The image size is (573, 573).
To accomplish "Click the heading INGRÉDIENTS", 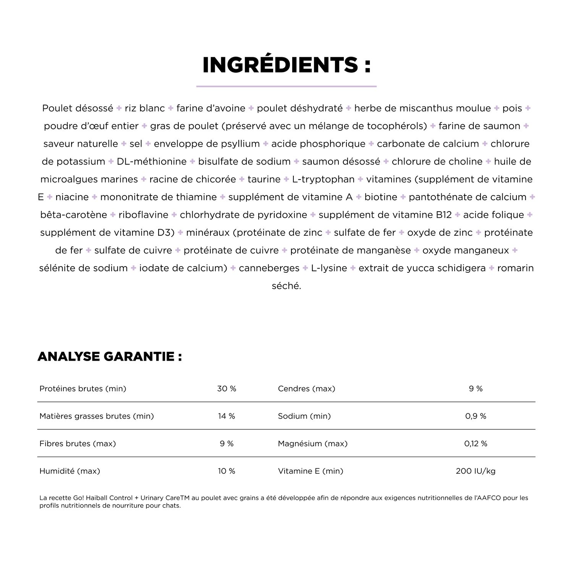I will tap(286, 65).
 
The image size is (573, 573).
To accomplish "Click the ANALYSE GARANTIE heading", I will tap(110, 356).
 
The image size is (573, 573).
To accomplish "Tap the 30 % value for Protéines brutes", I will tap(227, 388).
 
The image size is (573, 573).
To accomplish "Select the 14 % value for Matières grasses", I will tap(227, 416).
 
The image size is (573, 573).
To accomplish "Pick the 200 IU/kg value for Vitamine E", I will tap(476, 471).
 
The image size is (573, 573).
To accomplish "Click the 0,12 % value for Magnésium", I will tap(476, 444).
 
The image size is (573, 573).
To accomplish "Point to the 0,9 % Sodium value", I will tap(476, 416).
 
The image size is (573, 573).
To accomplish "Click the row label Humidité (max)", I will tap(70, 471).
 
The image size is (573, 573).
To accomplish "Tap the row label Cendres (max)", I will tap(306, 388).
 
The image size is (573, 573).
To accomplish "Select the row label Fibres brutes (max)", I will tap(78, 444).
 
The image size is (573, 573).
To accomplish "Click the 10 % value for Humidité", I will tap(227, 471).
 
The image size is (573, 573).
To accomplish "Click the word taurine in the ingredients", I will tap(264, 179).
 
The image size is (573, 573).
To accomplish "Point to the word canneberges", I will tap(269, 268).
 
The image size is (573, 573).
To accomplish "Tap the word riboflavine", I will tap(143, 215).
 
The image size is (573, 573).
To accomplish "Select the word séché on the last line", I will tap(286, 286).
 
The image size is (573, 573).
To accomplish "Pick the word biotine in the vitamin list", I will tap(380, 197).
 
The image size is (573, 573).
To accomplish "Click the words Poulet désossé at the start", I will tap(78, 108).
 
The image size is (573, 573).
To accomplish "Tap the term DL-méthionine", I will tap(152, 162).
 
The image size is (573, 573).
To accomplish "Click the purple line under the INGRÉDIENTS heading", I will tap(286, 86).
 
